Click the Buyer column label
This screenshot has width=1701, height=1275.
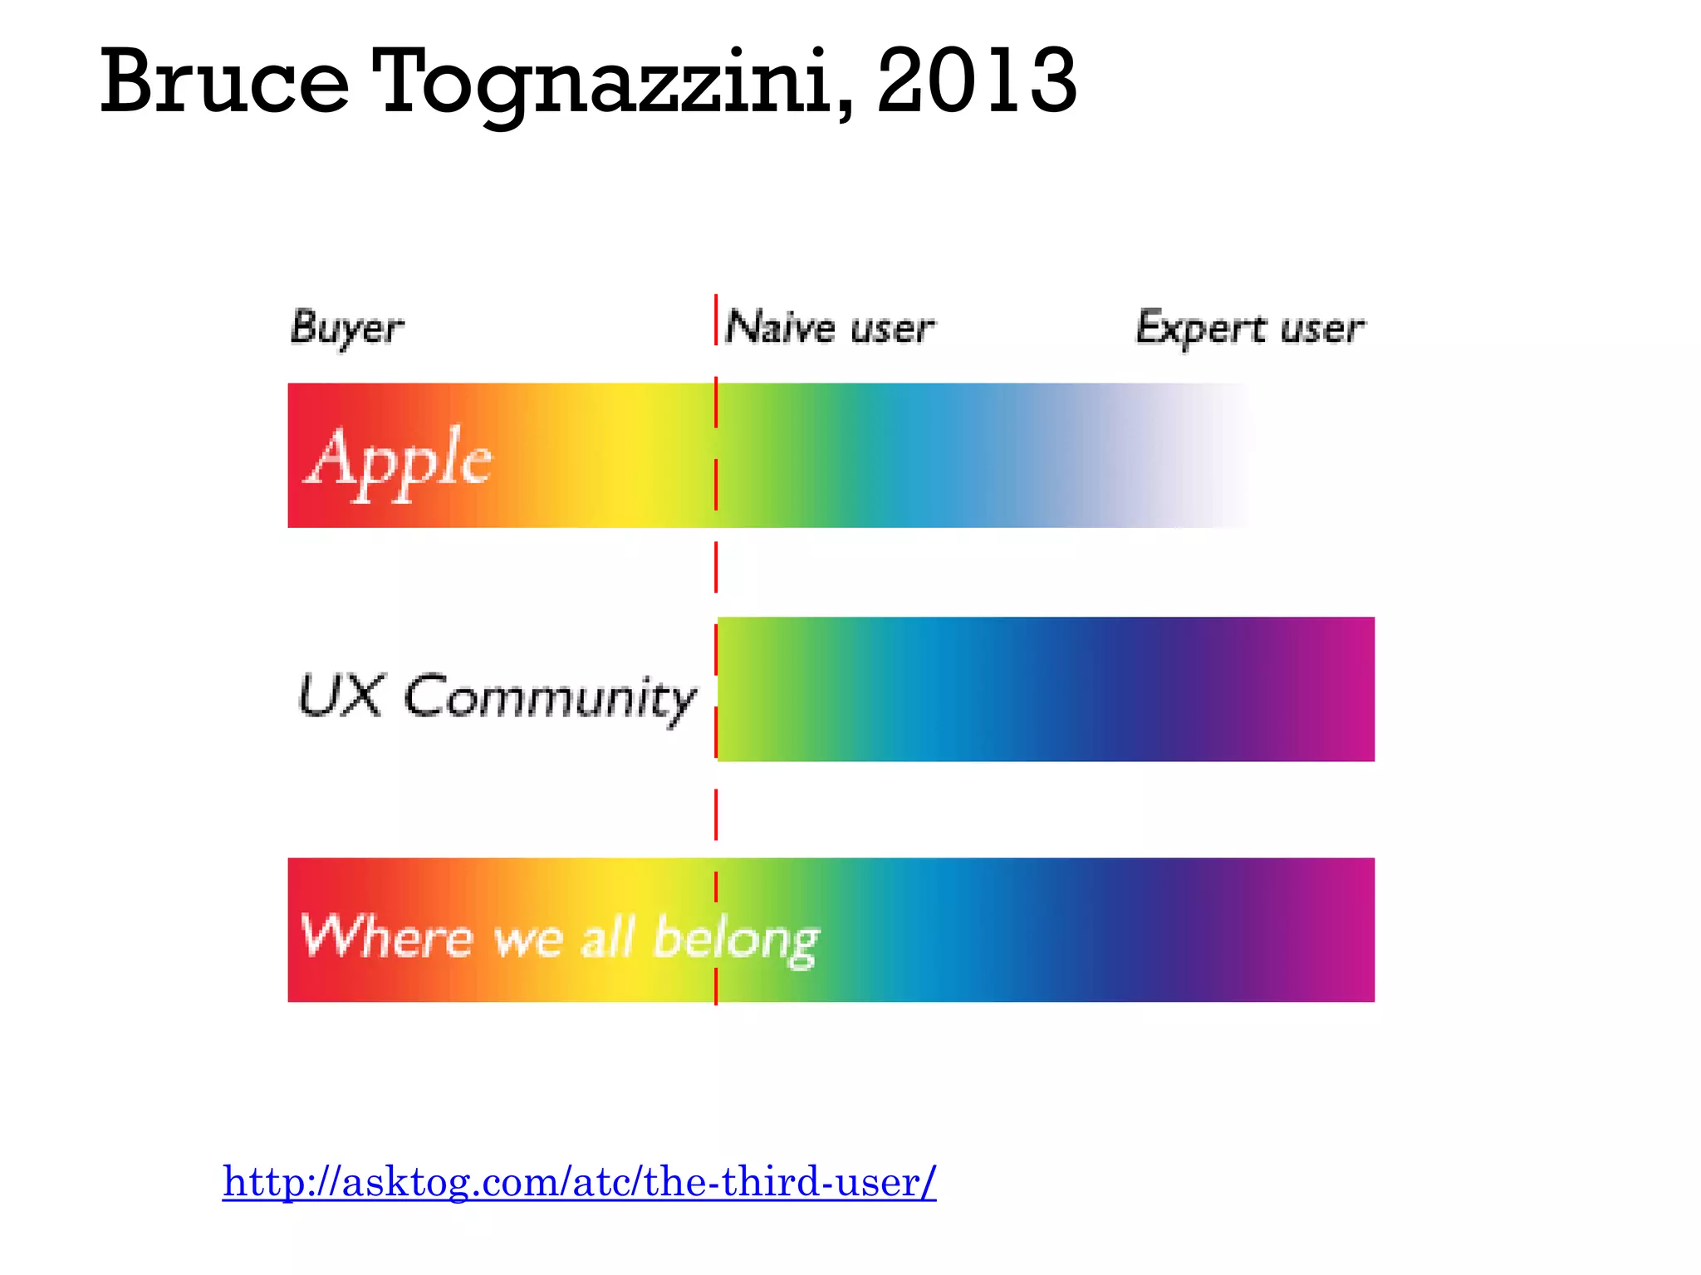pos(347,329)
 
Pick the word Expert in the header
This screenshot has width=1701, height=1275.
pos(1201,329)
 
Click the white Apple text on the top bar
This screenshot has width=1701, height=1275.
pos(400,460)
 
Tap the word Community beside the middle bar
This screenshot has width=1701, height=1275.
pos(550,699)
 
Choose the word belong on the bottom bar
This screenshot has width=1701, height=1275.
pos(736,940)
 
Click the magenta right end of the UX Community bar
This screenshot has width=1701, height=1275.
pos(1350,689)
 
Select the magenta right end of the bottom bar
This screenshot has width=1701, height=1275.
pos(1350,930)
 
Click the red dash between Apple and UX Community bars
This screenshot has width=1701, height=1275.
pos(716,567)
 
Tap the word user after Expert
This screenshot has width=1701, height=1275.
pos(1322,329)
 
